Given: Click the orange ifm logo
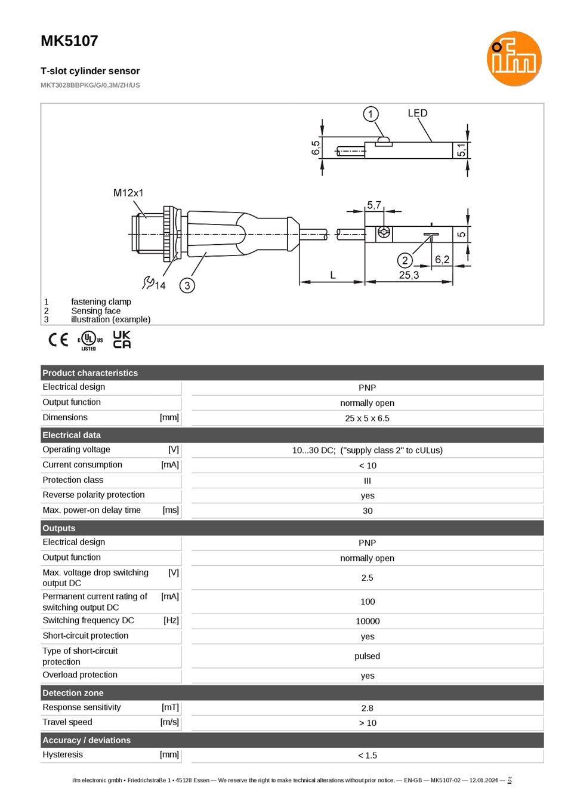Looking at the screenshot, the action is point(514,58).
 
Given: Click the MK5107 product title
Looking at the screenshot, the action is point(69,41).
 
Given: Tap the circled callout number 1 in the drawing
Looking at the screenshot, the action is point(371,114).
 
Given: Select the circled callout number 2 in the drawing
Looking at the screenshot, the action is point(405,260).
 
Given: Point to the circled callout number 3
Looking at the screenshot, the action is point(187,285).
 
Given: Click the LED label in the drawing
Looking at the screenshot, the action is point(418,113).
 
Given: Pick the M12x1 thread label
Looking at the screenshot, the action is point(128,193).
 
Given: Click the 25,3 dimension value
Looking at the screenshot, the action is point(409,275).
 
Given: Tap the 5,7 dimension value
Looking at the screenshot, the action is point(374,205).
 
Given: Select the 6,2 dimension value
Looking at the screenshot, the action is point(442,260).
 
